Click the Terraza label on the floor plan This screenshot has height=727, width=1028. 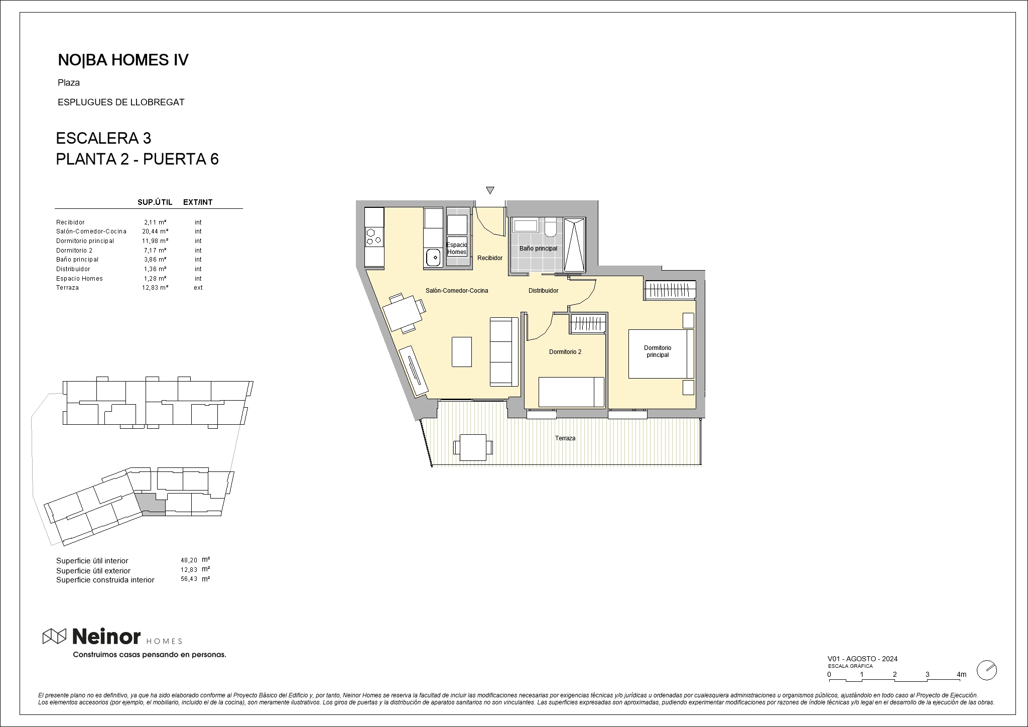click(565, 438)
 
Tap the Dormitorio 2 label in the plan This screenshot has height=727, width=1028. click(565, 352)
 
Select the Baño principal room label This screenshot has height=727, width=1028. click(538, 249)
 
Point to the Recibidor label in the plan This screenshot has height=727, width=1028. click(489, 258)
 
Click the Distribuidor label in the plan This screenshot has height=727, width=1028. click(543, 291)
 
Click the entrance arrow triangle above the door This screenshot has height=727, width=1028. click(490, 190)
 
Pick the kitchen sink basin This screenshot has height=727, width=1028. click(433, 258)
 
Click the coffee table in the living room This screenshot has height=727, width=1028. click(461, 351)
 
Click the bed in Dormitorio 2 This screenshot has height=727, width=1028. click(571, 392)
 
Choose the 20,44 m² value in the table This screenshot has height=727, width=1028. click(155, 231)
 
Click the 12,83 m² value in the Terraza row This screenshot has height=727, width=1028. click(155, 288)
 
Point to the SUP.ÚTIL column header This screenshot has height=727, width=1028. click(155, 202)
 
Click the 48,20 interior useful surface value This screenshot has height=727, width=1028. click(189, 560)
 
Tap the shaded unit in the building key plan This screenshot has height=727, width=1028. click(151, 505)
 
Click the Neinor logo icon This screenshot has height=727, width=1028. click(55, 636)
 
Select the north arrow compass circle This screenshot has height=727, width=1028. click(987, 670)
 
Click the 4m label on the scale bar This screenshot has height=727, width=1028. click(961, 674)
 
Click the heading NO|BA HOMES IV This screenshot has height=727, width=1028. click(123, 60)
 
